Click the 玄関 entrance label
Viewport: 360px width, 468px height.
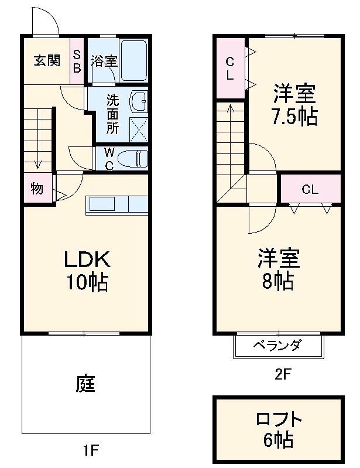click(x=46, y=60)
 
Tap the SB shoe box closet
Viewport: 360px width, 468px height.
click(x=77, y=60)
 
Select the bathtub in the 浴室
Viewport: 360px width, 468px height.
click(x=134, y=60)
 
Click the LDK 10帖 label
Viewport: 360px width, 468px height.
click(x=87, y=270)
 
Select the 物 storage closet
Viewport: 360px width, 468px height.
click(x=37, y=189)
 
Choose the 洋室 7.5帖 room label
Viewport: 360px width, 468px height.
click(x=295, y=104)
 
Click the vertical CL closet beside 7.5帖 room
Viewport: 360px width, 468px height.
click(x=229, y=68)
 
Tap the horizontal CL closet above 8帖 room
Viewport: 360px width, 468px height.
click(x=310, y=189)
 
